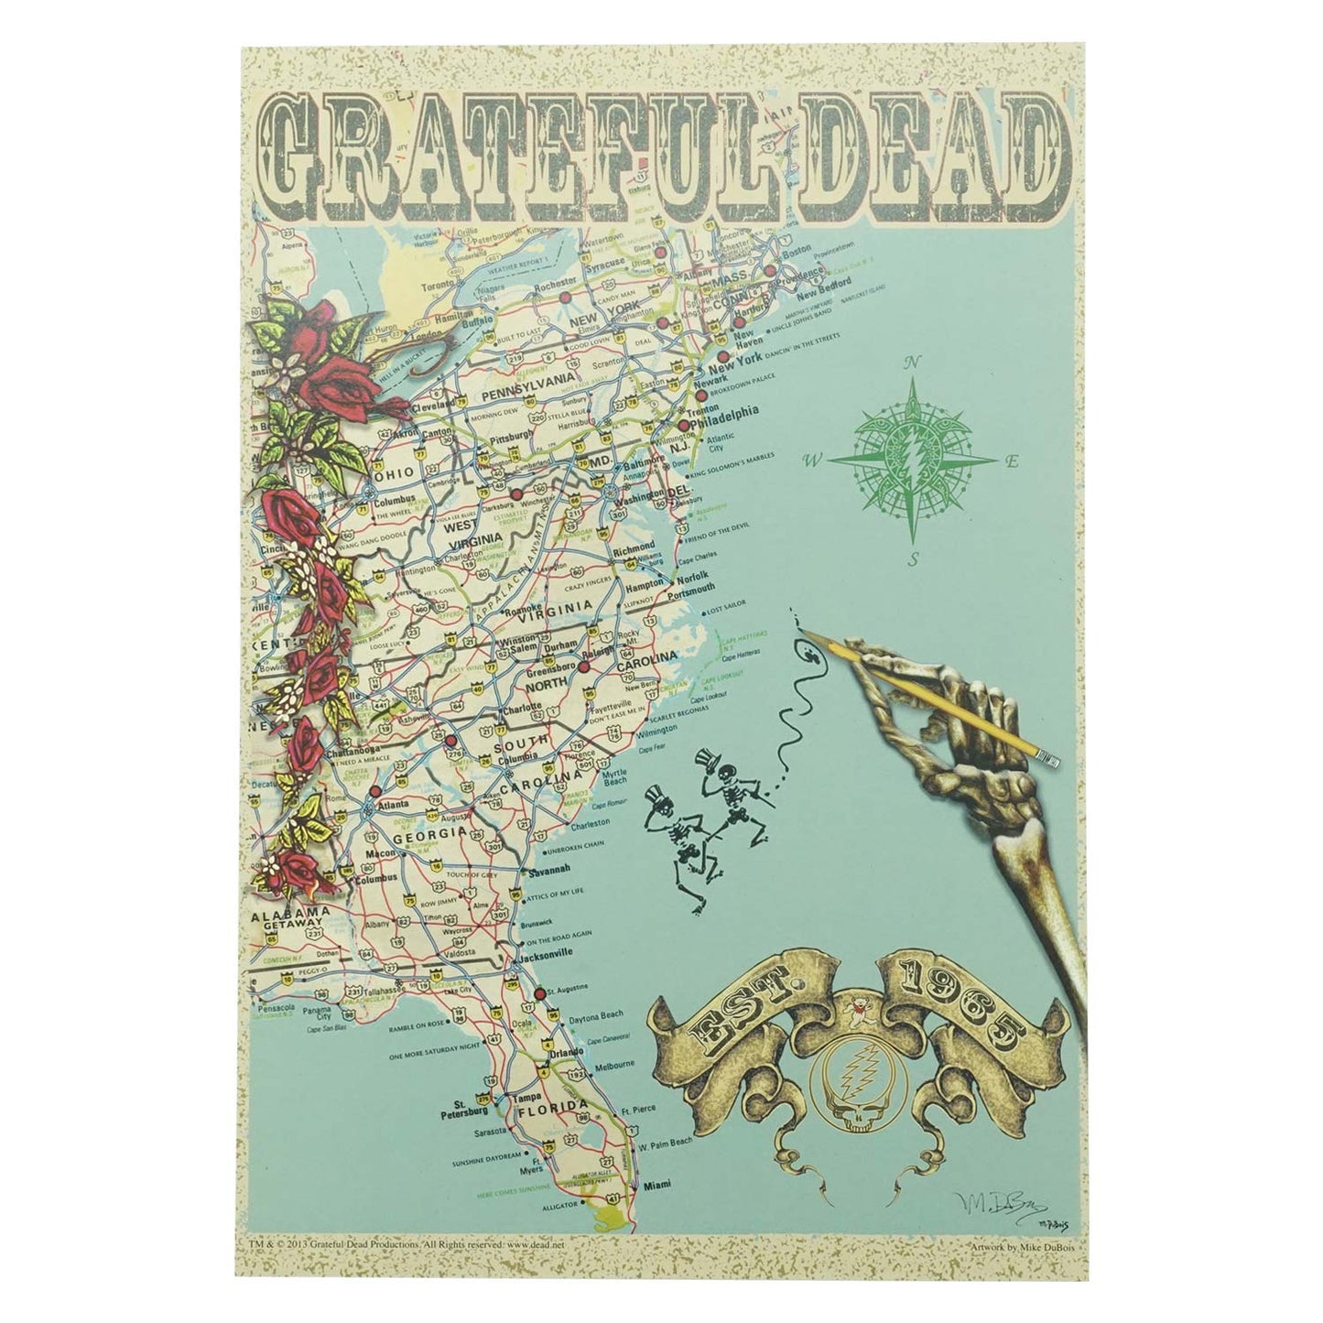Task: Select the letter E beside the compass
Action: point(1012,463)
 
